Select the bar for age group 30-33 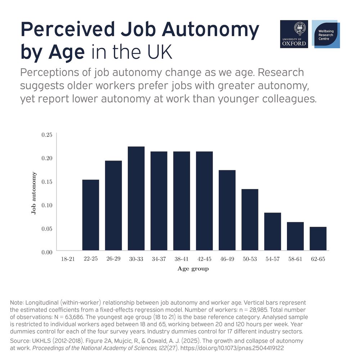point(136,198)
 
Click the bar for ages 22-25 point(91,215)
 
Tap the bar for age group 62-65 point(318,238)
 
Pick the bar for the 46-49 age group point(227,210)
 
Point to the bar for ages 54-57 point(273,231)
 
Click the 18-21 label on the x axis point(68,259)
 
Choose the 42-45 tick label point(204,259)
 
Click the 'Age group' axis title point(193,269)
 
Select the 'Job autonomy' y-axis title point(34,193)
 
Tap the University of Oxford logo point(294,34)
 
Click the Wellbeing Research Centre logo point(325,34)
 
